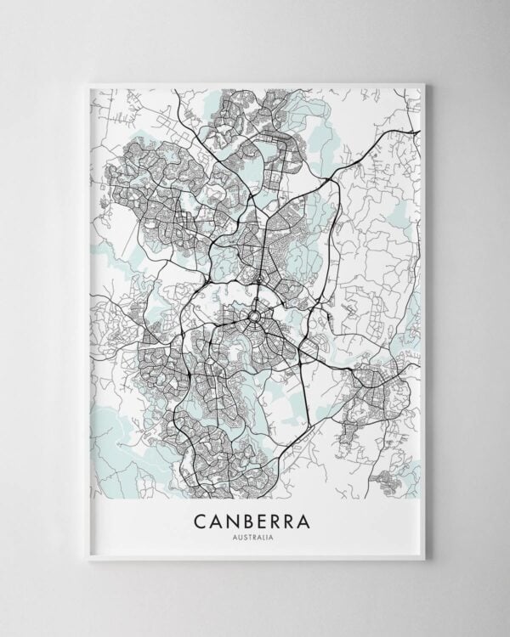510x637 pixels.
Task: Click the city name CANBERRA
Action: tap(255, 517)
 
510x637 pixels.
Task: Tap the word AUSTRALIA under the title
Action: tap(255, 535)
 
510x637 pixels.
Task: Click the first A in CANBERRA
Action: tap(217, 517)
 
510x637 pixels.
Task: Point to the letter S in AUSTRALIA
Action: tap(246, 535)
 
